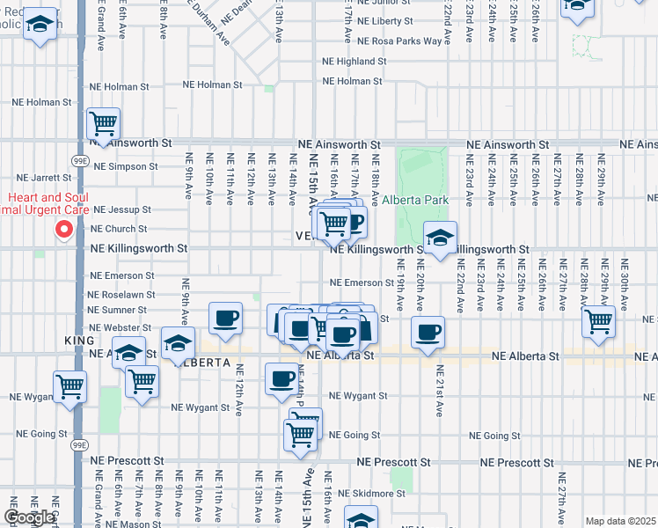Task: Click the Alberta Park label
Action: click(x=415, y=201)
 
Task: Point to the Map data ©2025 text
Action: click(x=620, y=521)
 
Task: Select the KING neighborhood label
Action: click(x=79, y=340)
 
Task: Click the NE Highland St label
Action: click(x=355, y=62)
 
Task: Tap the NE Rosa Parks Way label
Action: click(x=399, y=41)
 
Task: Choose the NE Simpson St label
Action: click(x=127, y=165)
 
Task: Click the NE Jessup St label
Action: click(x=122, y=210)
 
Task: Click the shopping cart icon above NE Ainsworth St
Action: click(x=104, y=123)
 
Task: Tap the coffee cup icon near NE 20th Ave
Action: click(x=428, y=333)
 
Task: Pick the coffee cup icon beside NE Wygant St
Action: click(x=281, y=378)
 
